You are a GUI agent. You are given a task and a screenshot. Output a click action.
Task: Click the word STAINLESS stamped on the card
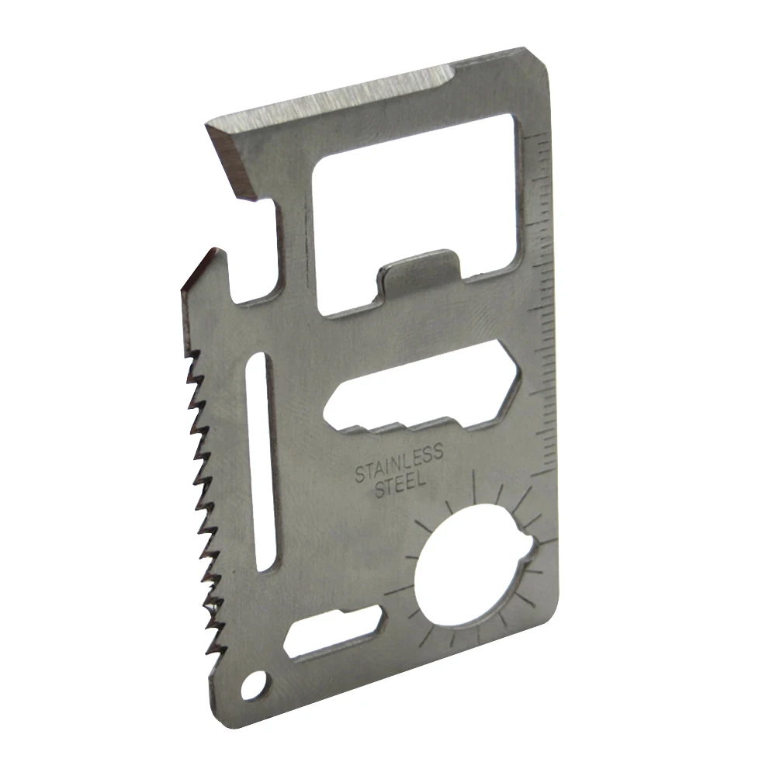click(399, 462)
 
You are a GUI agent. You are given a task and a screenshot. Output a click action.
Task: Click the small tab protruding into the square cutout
click(415, 272)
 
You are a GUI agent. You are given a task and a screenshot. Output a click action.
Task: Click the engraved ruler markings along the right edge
click(543, 310)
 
